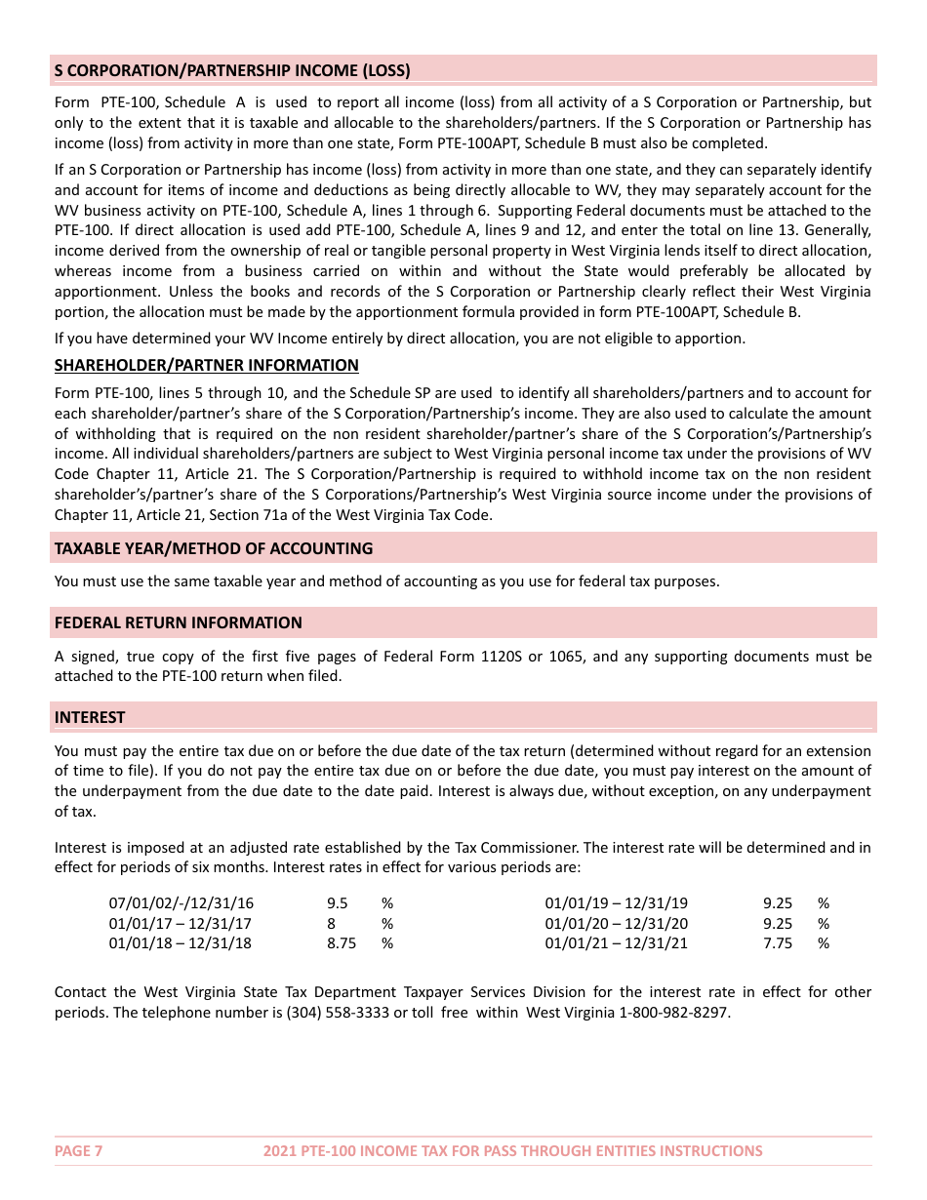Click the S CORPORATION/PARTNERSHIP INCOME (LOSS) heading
point(232,70)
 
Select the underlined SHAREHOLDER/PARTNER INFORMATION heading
point(206,365)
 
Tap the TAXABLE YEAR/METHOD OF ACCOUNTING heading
point(214,548)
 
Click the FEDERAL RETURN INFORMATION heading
point(178,622)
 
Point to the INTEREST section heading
point(90,717)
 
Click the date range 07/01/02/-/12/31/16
point(181,903)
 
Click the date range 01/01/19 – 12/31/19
point(616,903)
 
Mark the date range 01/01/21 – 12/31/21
point(616,943)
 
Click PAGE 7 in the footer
point(78,1151)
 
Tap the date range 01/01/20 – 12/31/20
point(616,923)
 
